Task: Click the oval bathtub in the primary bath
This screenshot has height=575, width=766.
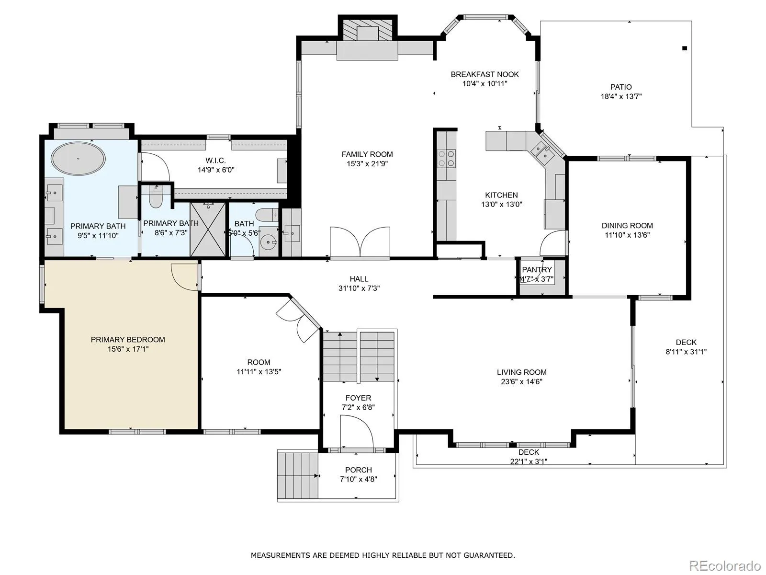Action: pyautogui.click(x=78, y=159)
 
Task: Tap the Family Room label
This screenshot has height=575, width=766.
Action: pyautogui.click(x=367, y=154)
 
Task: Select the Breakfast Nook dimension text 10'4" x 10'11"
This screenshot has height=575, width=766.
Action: pyautogui.click(x=484, y=84)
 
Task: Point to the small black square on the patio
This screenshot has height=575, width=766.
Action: pyautogui.click(x=685, y=48)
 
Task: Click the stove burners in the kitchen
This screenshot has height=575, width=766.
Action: pyautogui.click(x=447, y=158)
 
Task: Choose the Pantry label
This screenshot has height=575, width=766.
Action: pyautogui.click(x=537, y=269)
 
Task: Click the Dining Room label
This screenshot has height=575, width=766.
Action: pyautogui.click(x=627, y=226)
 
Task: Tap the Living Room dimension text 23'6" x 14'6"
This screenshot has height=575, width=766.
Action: pyautogui.click(x=522, y=381)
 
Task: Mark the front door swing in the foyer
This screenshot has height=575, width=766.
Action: pyautogui.click(x=357, y=432)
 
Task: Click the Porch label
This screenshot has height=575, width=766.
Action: pyautogui.click(x=359, y=470)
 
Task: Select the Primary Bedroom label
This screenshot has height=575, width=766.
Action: pyautogui.click(x=128, y=340)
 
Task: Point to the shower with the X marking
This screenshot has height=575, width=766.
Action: pyautogui.click(x=208, y=229)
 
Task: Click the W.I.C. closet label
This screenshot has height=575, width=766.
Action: pyautogui.click(x=215, y=161)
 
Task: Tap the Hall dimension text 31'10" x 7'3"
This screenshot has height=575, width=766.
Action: pyautogui.click(x=359, y=288)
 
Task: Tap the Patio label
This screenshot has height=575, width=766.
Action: pyautogui.click(x=621, y=87)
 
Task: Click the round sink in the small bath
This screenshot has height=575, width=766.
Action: pyautogui.click(x=269, y=241)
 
